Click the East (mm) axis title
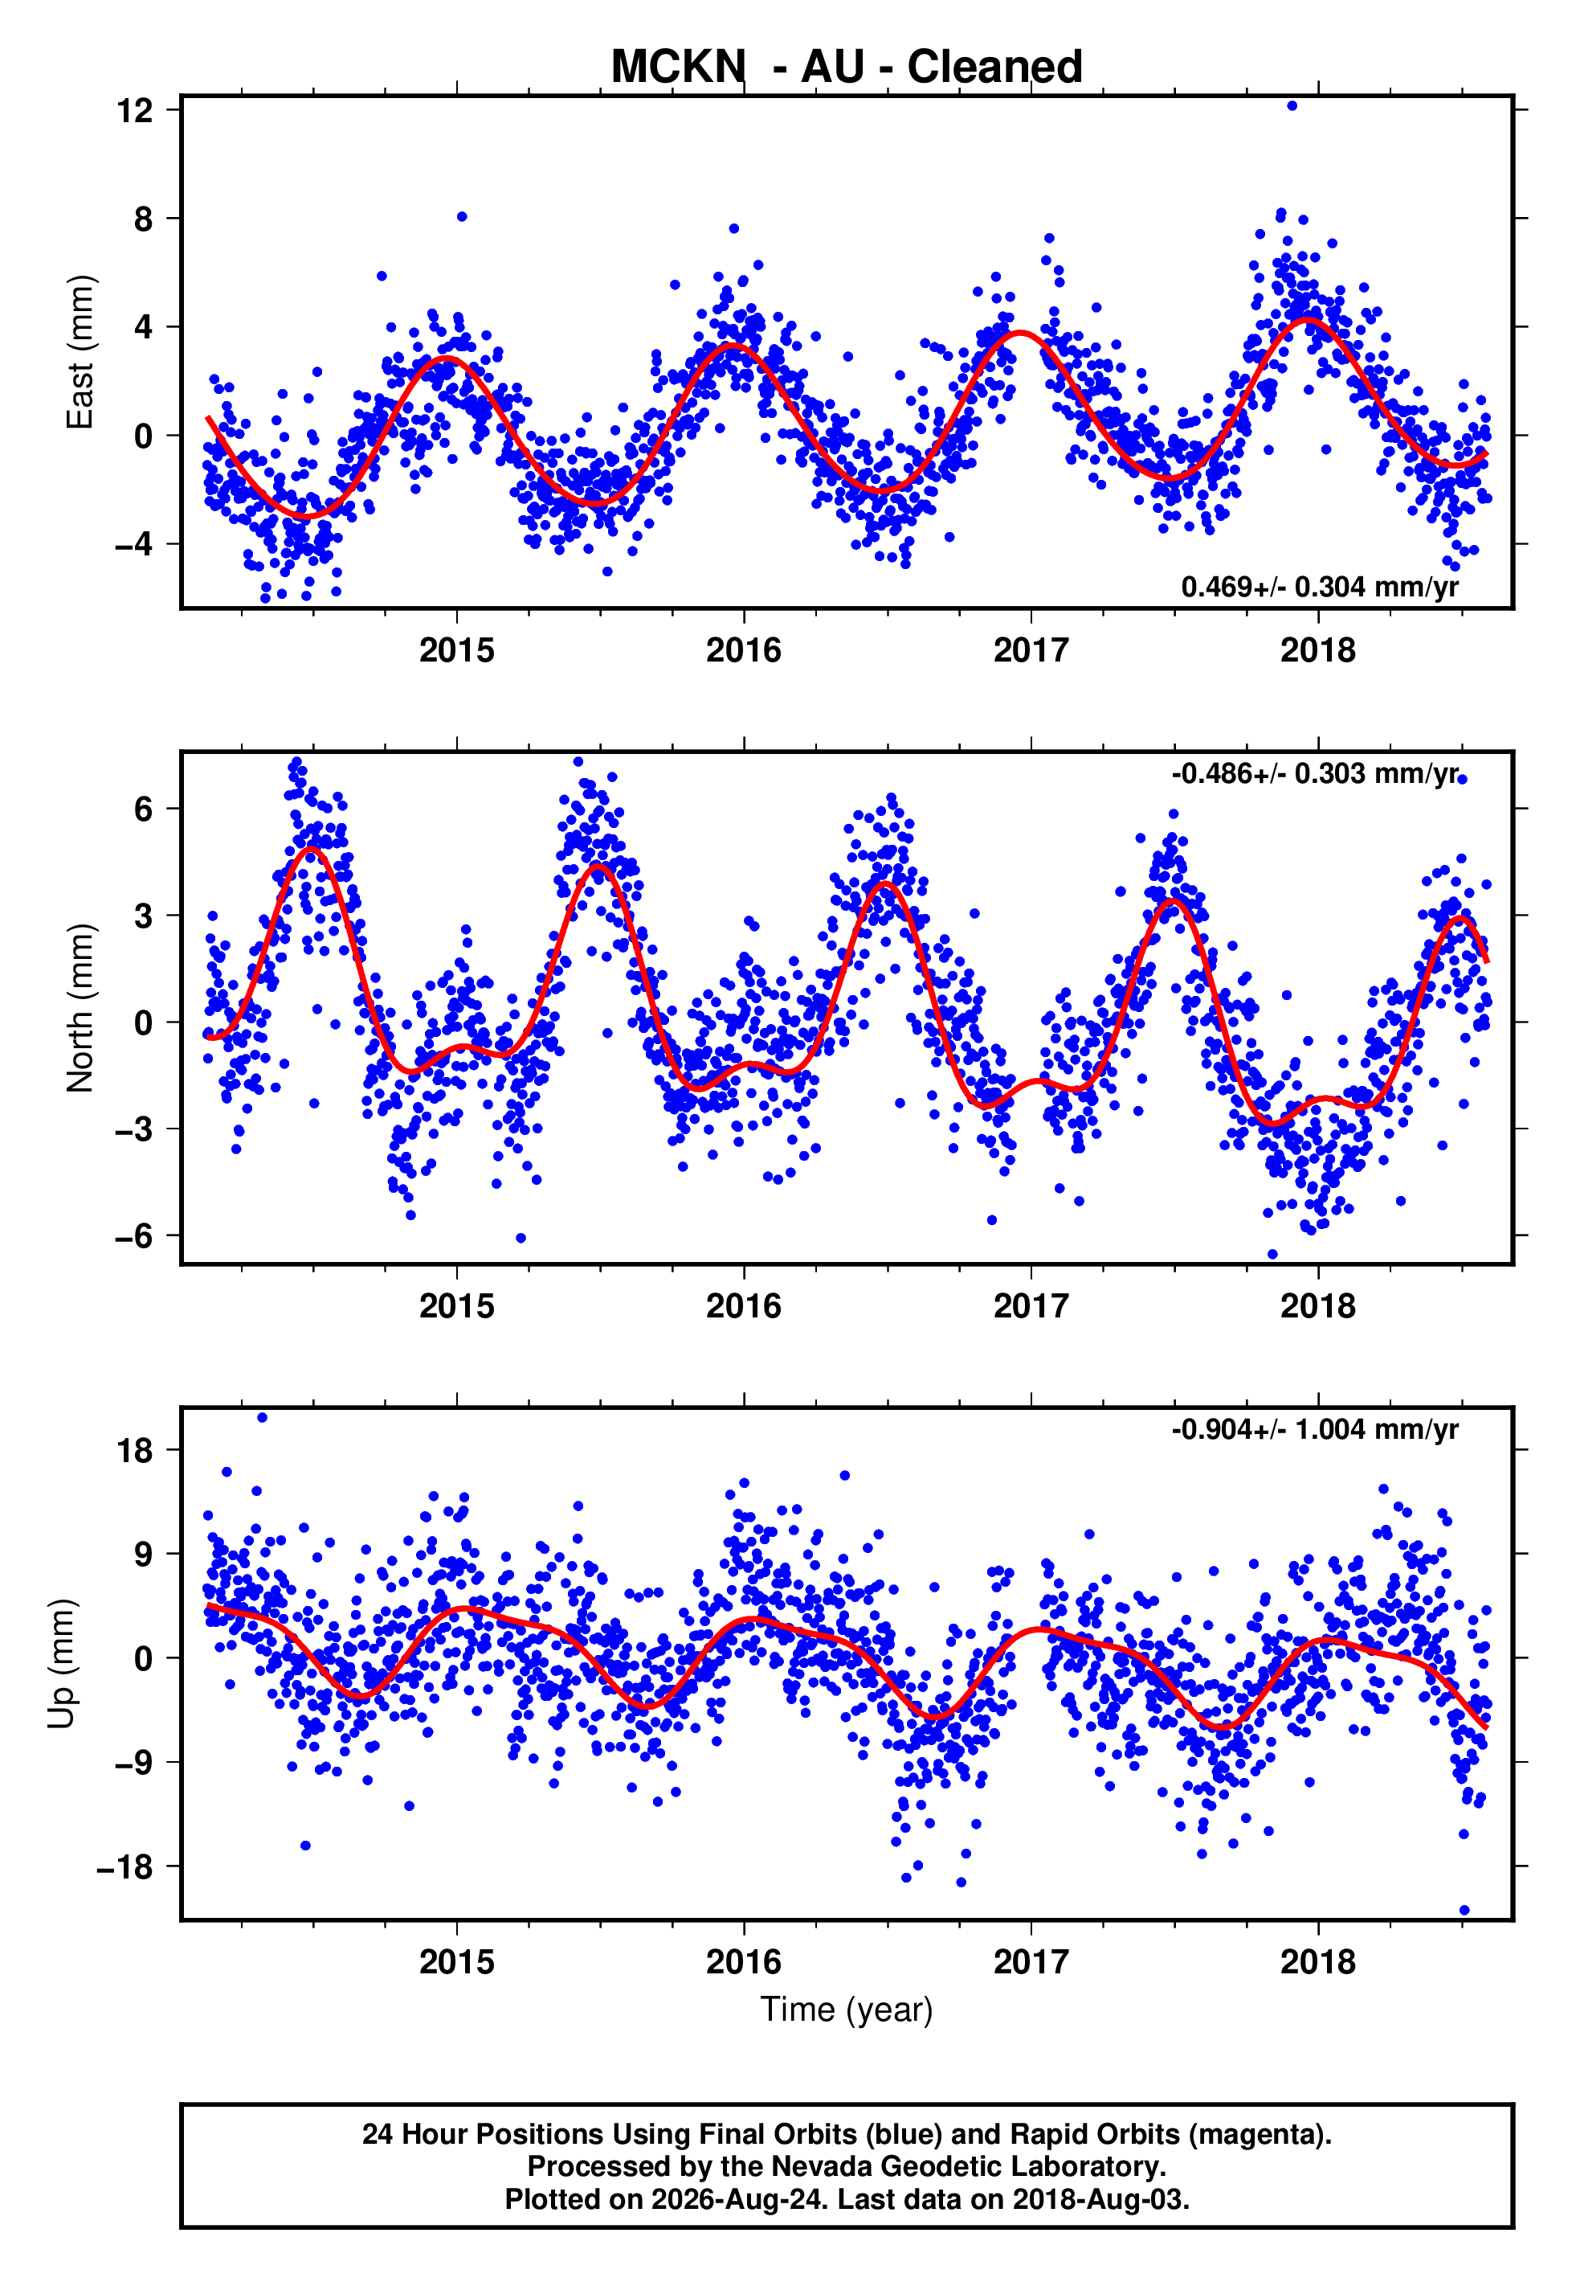point(79,352)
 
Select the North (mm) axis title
point(79,1008)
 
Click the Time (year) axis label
point(847,2010)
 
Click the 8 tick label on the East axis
point(144,219)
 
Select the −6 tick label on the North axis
point(134,1235)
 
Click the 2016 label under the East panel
point(744,650)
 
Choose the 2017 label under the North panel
point(1031,1306)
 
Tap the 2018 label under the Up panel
point(1318,1962)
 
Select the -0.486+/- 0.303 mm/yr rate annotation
point(1314,773)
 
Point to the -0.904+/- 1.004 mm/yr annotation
point(1314,1429)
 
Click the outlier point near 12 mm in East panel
point(1292,105)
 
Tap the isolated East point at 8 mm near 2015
point(461,216)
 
